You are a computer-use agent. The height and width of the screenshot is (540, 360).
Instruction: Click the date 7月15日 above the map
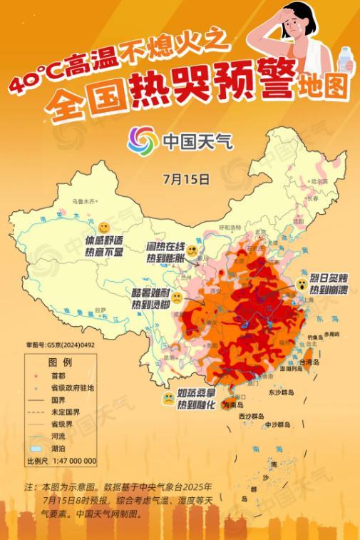[x=186, y=175]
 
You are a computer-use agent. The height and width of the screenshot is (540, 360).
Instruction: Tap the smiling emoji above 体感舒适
[x=105, y=227]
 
